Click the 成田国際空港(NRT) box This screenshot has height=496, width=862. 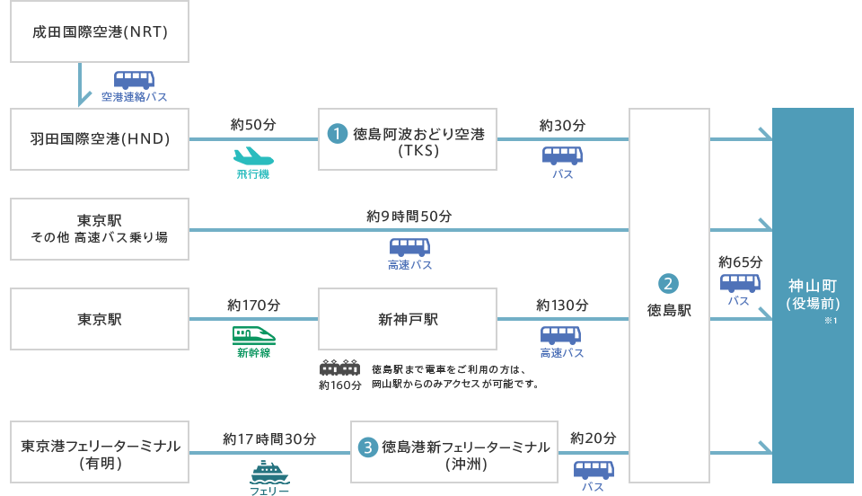(100, 32)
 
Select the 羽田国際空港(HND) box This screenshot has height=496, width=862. (100, 139)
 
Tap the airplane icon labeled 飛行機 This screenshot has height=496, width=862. (252, 155)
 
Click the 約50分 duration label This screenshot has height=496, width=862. (252, 124)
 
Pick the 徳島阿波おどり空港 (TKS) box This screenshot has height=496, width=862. (408, 139)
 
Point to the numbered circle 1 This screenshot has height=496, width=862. (337, 134)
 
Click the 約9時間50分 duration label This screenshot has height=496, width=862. (409, 217)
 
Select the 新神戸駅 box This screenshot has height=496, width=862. (408, 319)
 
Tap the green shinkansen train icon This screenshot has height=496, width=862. (254, 334)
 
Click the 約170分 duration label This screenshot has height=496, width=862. (254, 305)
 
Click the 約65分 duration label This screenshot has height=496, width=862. (741, 261)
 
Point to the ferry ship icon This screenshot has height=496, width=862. (269, 472)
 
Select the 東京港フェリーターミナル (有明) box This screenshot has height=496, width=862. (100, 452)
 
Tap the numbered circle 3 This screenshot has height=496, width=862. (367, 446)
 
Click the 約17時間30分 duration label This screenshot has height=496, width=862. (269, 438)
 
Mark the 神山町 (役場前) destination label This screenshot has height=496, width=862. (813, 295)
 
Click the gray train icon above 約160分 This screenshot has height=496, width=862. (339, 368)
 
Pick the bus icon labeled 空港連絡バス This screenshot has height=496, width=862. (134, 79)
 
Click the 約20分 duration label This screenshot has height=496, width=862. (594, 438)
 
